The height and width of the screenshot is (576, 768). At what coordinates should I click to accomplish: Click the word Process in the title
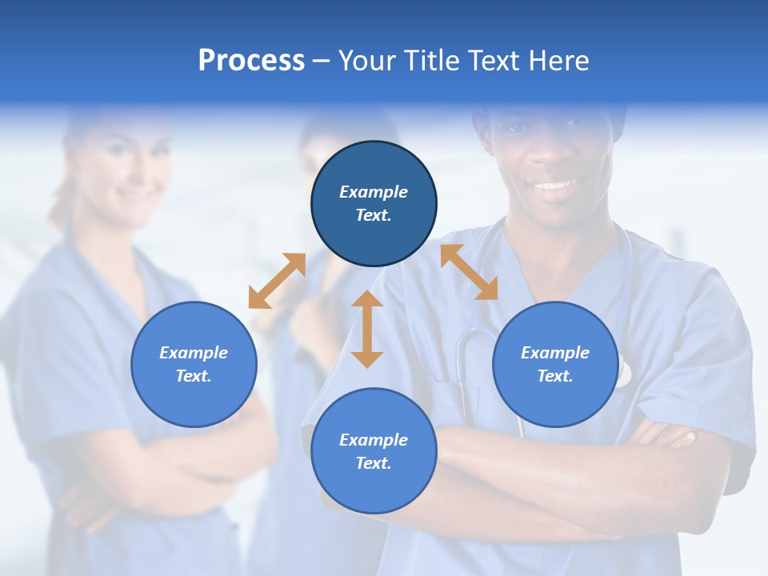[x=251, y=61]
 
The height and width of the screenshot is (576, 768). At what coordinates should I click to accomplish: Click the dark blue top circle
[x=374, y=203]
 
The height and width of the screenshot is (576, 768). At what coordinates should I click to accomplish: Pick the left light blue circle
[x=194, y=364]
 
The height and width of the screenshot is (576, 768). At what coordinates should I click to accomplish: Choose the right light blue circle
[x=555, y=364]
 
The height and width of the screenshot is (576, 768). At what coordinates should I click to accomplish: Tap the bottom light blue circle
[x=374, y=451]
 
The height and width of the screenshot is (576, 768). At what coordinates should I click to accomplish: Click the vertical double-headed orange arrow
[x=367, y=329]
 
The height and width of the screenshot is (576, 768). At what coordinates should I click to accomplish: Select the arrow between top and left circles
[x=277, y=281]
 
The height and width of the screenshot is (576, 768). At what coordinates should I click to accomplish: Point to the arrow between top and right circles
[x=470, y=272]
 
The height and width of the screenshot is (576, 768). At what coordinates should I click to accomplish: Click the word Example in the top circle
[x=374, y=192]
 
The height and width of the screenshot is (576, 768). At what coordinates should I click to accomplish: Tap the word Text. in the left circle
[x=194, y=376]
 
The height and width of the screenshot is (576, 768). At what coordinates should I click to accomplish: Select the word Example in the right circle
[x=555, y=353]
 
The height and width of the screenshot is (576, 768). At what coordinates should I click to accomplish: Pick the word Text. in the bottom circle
[x=374, y=463]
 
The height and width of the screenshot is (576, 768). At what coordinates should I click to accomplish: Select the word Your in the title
[x=367, y=61]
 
